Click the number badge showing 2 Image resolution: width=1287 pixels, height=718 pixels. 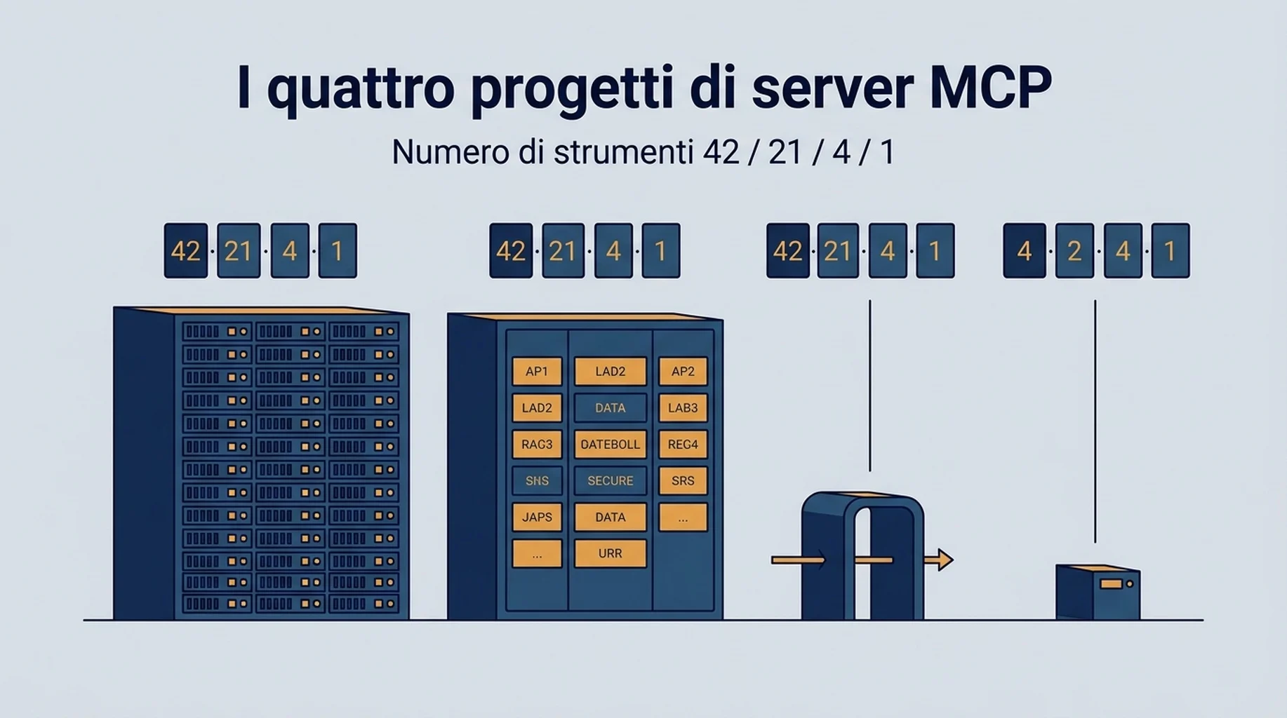[x=1074, y=250]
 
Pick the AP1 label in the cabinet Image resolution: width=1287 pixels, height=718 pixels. [x=537, y=372]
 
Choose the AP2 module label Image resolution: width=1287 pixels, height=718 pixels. [x=683, y=372]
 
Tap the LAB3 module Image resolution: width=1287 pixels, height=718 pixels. [x=683, y=408]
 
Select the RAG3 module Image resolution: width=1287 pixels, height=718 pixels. [x=537, y=445]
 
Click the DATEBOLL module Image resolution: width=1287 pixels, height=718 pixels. [x=611, y=445]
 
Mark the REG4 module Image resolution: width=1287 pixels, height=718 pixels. [x=683, y=445]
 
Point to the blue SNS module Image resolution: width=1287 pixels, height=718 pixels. [x=537, y=481]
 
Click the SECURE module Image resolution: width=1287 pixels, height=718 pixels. [x=611, y=481]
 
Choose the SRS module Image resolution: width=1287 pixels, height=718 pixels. [x=683, y=481]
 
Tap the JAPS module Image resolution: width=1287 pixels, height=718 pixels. [x=537, y=517]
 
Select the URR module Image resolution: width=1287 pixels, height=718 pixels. [x=611, y=554]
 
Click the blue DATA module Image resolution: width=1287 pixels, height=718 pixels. [x=611, y=408]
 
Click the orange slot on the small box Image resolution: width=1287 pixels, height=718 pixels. [x=1111, y=583]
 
